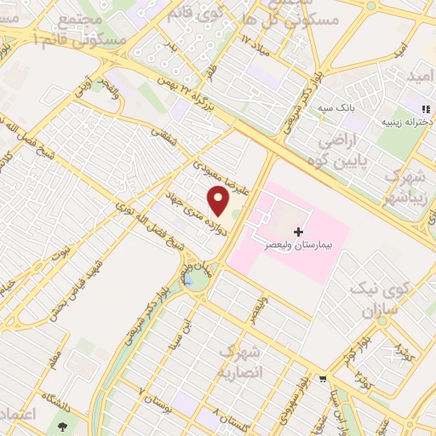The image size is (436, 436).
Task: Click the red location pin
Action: tap(219, 201)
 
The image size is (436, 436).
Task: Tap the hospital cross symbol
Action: tap(298, 231)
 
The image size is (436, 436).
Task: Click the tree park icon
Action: tap(63, 423)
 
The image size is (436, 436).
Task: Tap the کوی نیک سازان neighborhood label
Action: tap(387, 300)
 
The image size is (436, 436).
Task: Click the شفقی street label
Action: tap(162, 139)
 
